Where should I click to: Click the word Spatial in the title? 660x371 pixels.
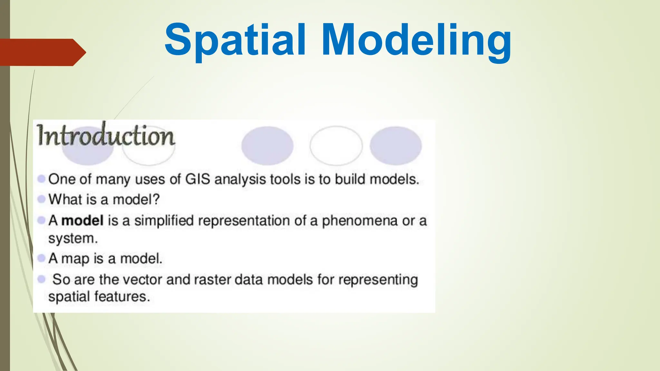235,40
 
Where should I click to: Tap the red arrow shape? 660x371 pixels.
42,52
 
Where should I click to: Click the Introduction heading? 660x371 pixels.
106,135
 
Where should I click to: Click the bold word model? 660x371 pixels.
82,221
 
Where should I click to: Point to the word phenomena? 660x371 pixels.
360,221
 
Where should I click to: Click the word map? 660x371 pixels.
75,259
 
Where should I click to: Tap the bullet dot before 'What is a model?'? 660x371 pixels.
41,199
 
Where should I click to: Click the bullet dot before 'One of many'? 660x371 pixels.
41,179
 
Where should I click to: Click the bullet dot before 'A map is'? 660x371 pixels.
41,258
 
